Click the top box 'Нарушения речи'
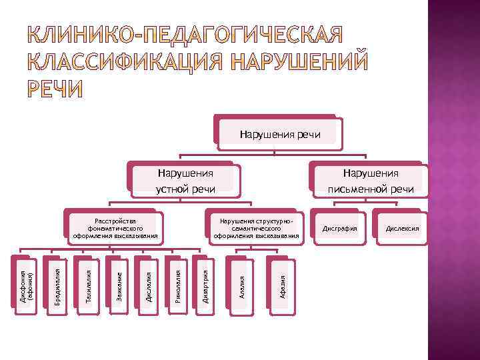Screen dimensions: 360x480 point(280,135)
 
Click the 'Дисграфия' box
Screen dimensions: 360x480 point(340,229)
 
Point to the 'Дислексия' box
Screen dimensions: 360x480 point(400,229)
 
